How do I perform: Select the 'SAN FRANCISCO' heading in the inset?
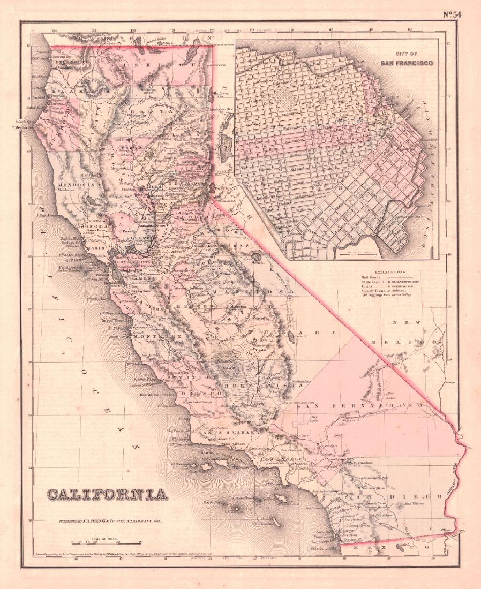pyautogui.click(x=407, y=62)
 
